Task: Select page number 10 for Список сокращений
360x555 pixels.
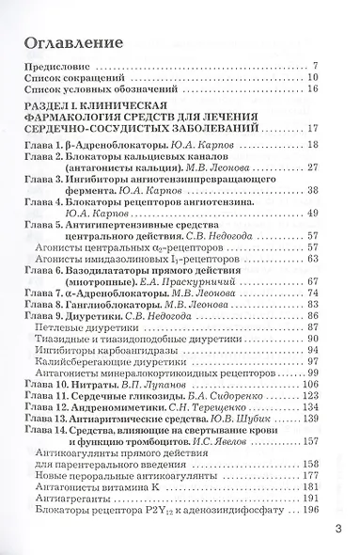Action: click(313, 77)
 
